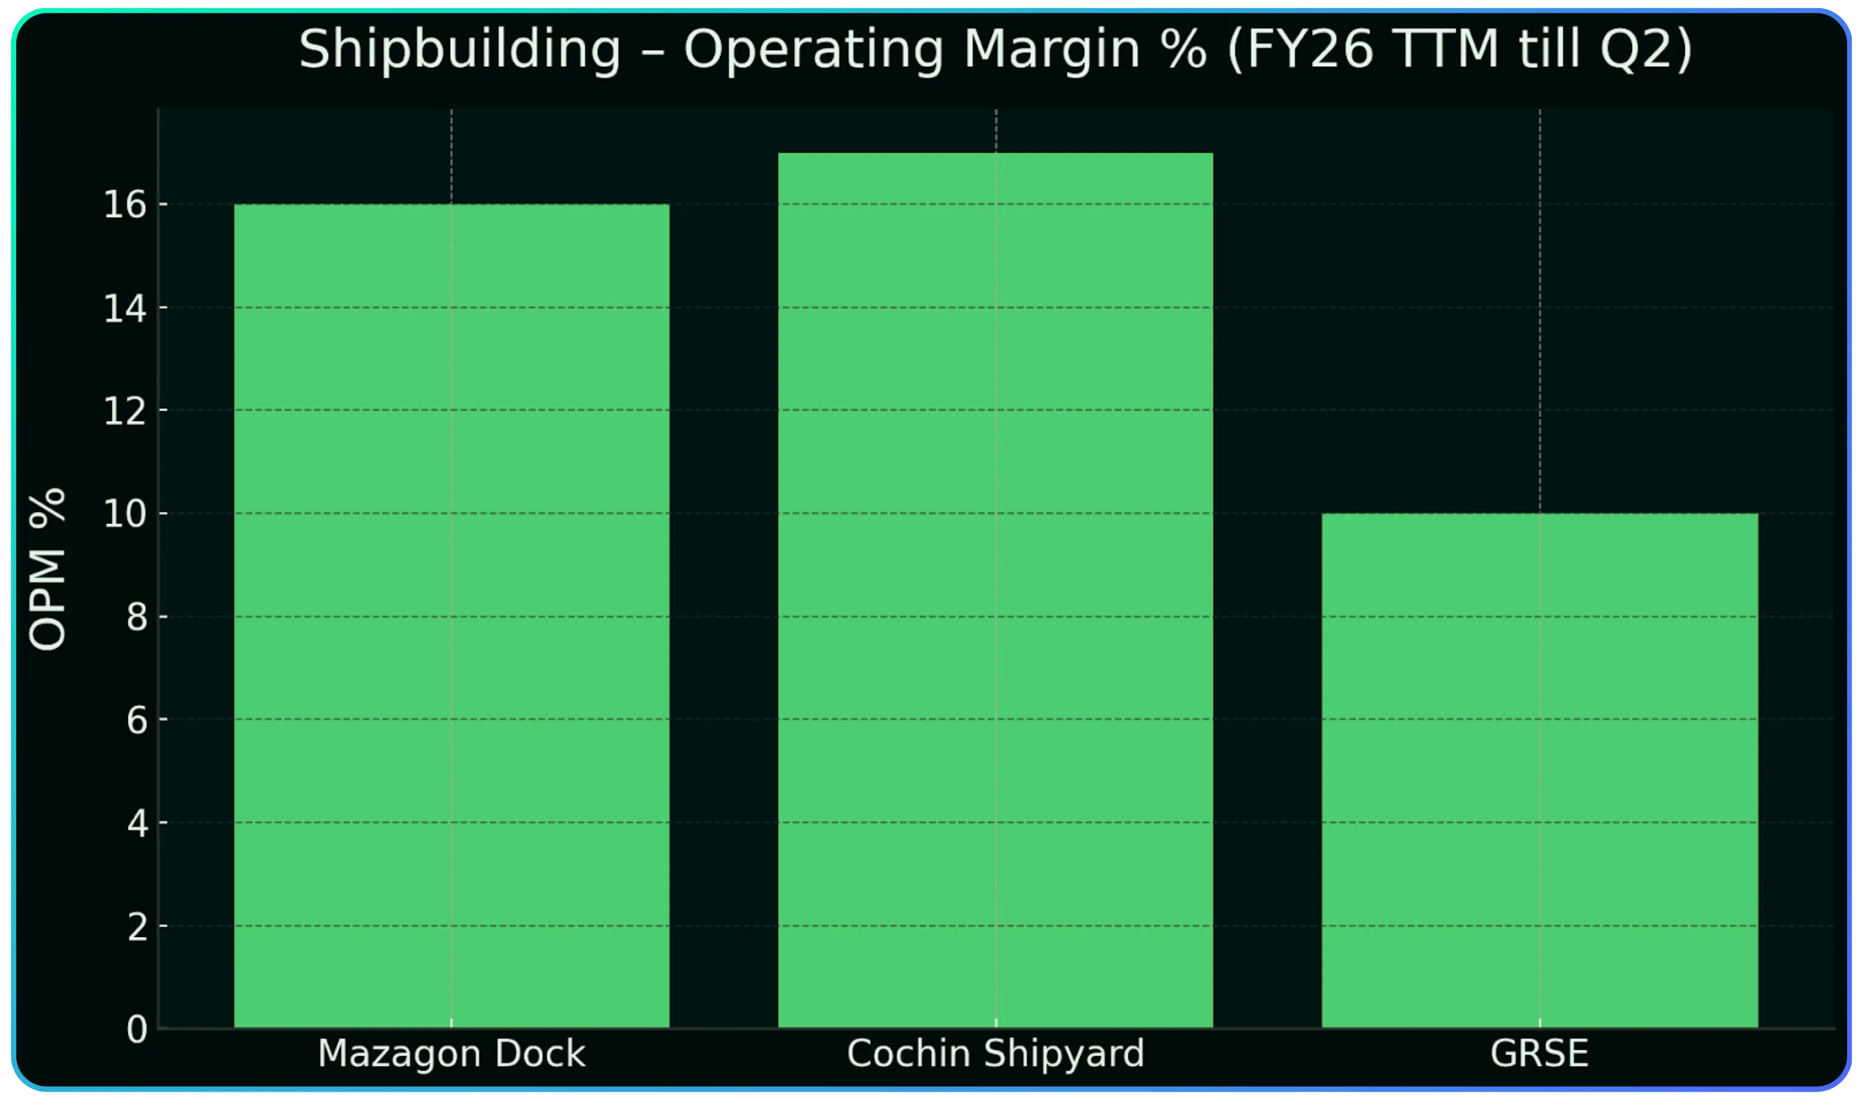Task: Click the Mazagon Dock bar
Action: click(x=451, y=616)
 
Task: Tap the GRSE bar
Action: click(x=1539, y=771)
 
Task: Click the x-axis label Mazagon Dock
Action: click(x=451, y=1054)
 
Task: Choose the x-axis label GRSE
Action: click(x=1539, y=1054)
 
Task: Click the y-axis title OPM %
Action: click(x=48, y=569)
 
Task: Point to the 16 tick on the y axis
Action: click(x=124, y=205)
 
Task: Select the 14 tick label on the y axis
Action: click(x=124, y=308)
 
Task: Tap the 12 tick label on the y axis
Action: click(x=124, y=411)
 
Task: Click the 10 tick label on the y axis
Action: click(x=124, y=514)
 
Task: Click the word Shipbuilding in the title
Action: click(x=459, y=50)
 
